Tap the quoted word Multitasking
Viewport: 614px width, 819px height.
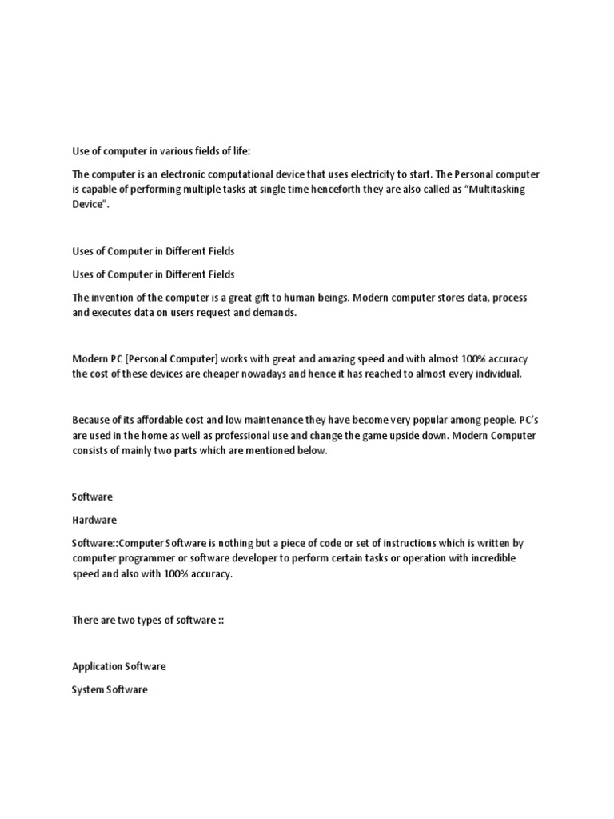tap(491, 189)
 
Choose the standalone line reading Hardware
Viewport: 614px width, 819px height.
tap(94, 520)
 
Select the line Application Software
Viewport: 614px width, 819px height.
tap(119, 667)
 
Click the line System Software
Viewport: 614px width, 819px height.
tap(110, 690)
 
